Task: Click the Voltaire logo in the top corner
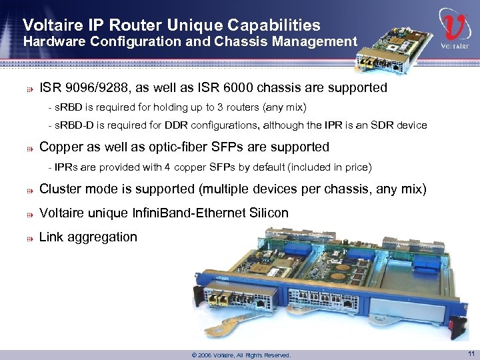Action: click(x=455, y=31)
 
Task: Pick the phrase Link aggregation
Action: click(x=89, y=237)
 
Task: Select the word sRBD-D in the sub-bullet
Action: click(x=72, y=125)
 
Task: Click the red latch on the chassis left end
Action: click(x=196, y=295)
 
